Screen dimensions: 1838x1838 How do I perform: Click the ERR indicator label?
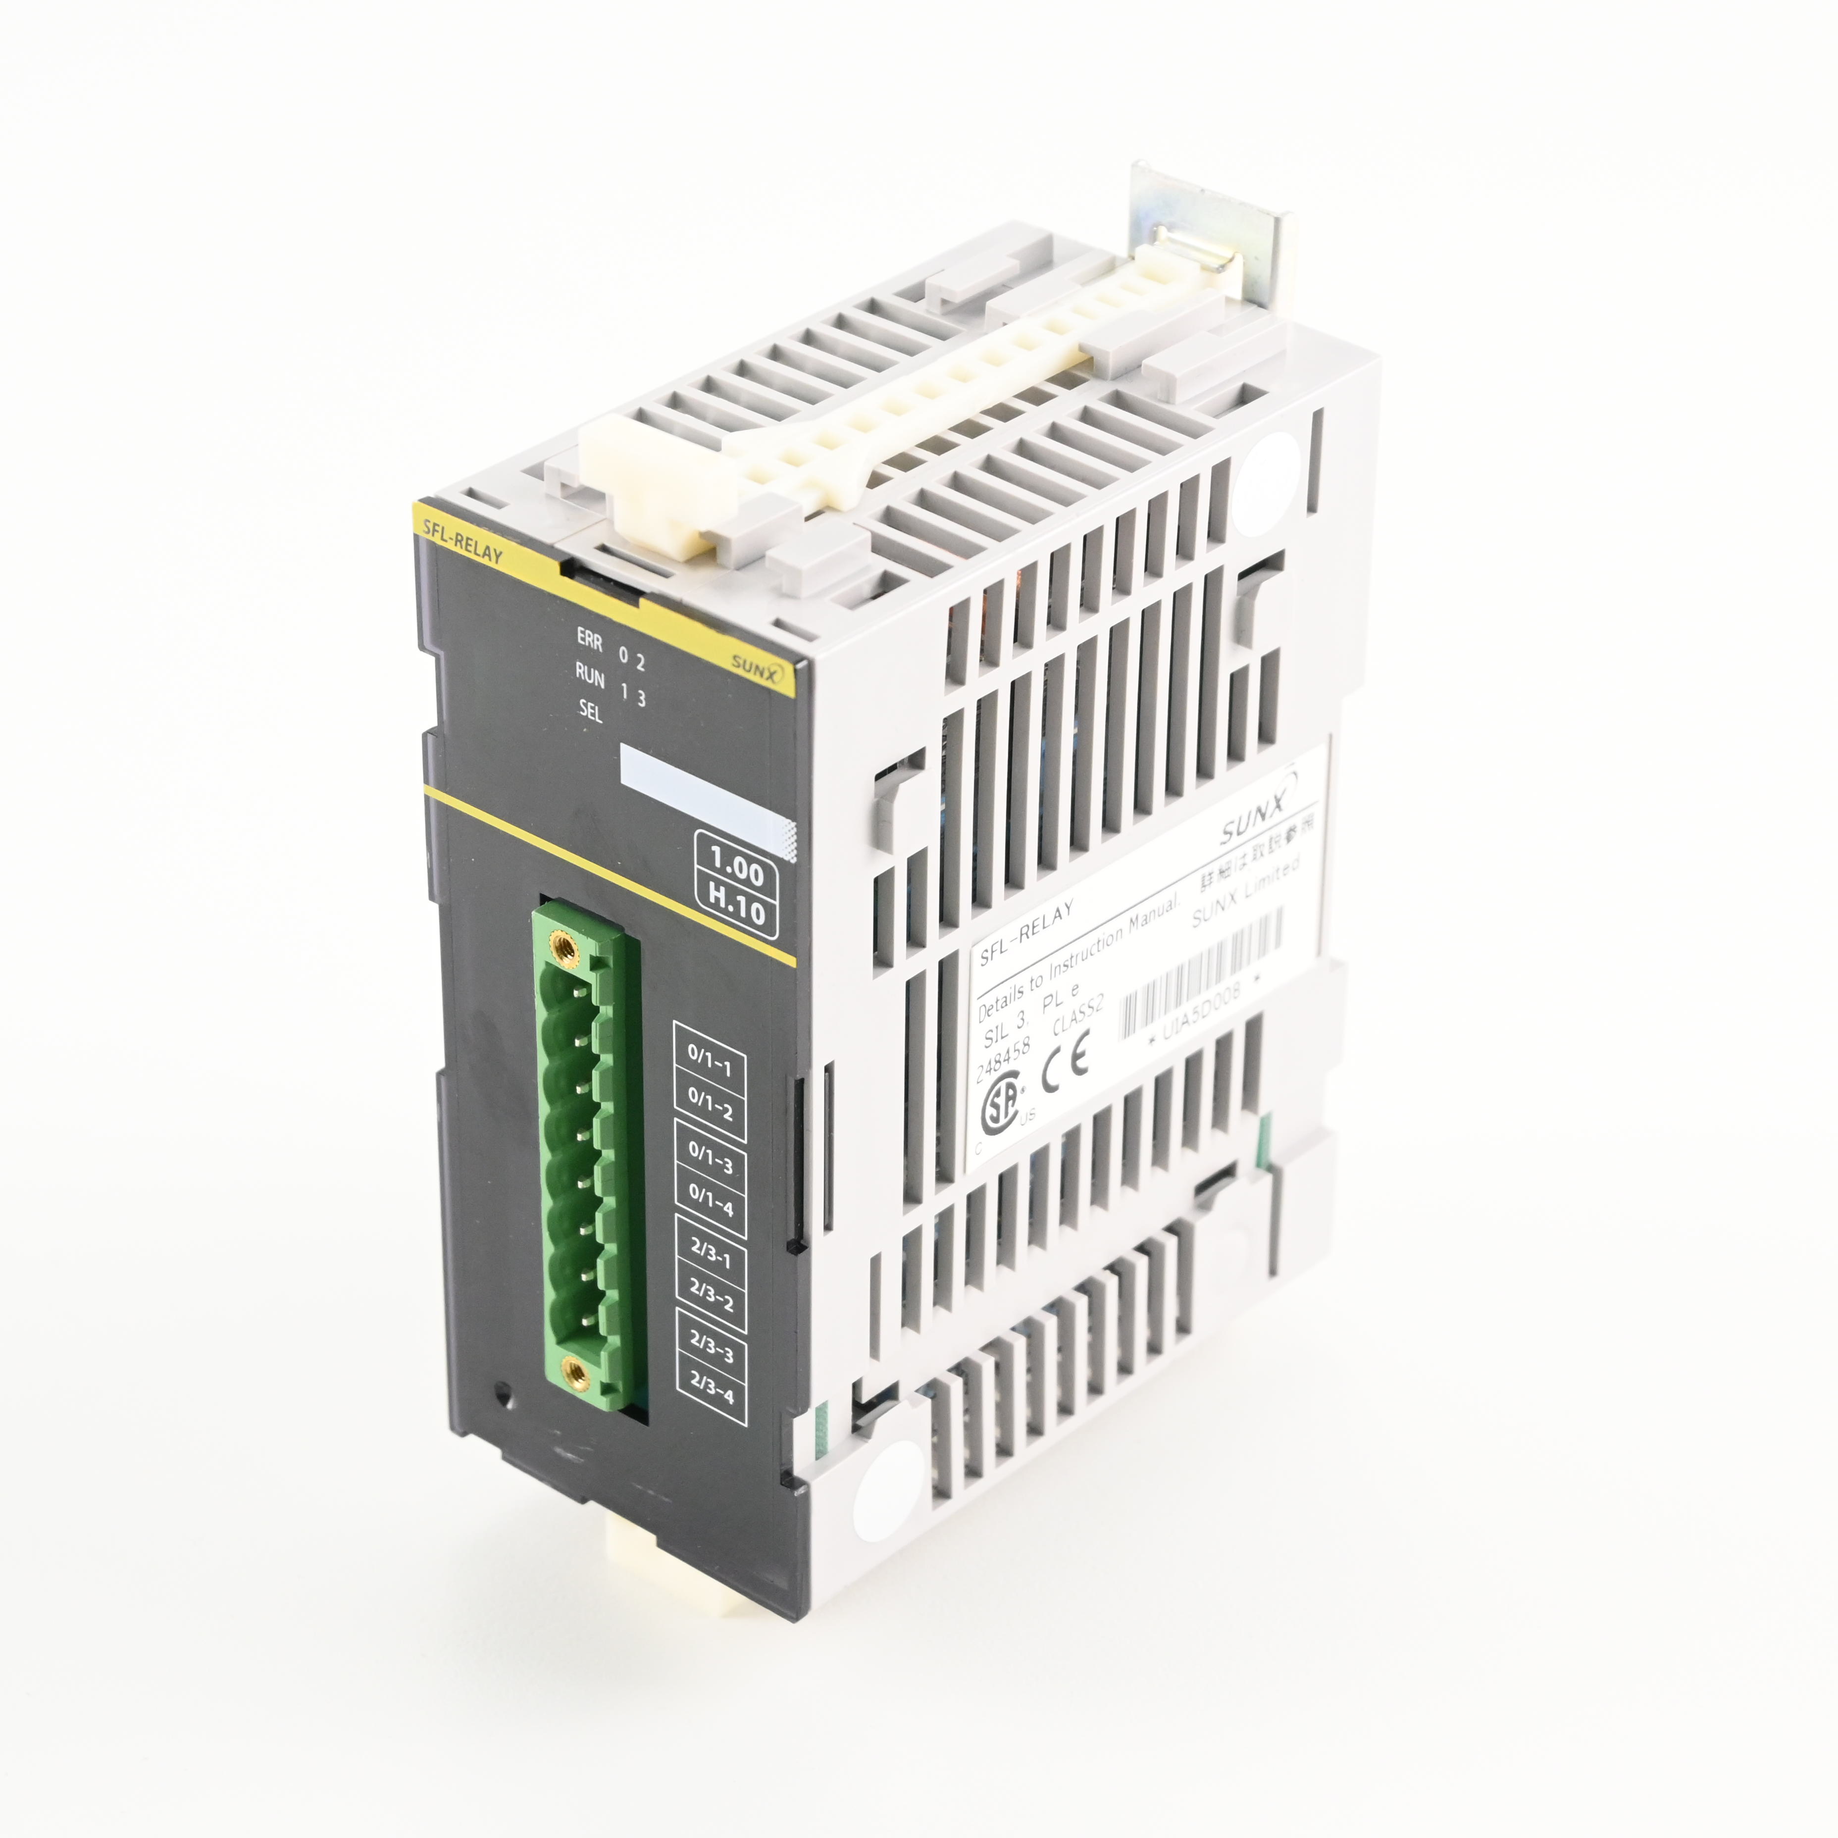click(x=589, y=639)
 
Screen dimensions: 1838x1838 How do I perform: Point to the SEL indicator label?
click(x=590, y=711)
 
